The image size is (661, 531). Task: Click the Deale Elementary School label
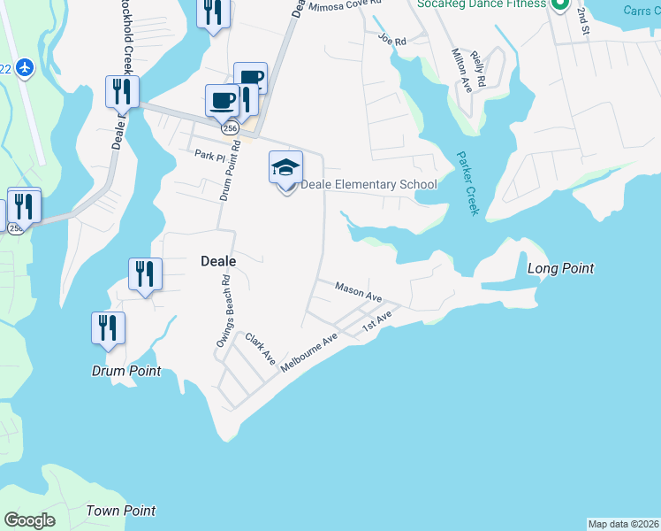[368, 185]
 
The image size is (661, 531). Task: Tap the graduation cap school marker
[285, 168]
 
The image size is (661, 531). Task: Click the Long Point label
[560, 268]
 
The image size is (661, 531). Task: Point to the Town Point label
[121, 511]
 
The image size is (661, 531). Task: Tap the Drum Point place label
[126, 372]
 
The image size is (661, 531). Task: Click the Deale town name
[217, 261]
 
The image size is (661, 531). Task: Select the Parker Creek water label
[467, 183]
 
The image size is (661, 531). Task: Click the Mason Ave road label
[358, 291]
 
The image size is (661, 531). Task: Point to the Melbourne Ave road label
[309, 351]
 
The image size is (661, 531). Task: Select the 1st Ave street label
[377, 324]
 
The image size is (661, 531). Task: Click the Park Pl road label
[211, 154]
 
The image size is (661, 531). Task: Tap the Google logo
[30, 520]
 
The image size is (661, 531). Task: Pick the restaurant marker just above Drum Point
[108, 327]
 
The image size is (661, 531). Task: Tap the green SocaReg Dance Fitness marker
[558, 4]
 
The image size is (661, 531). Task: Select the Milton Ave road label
[460, 72]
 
